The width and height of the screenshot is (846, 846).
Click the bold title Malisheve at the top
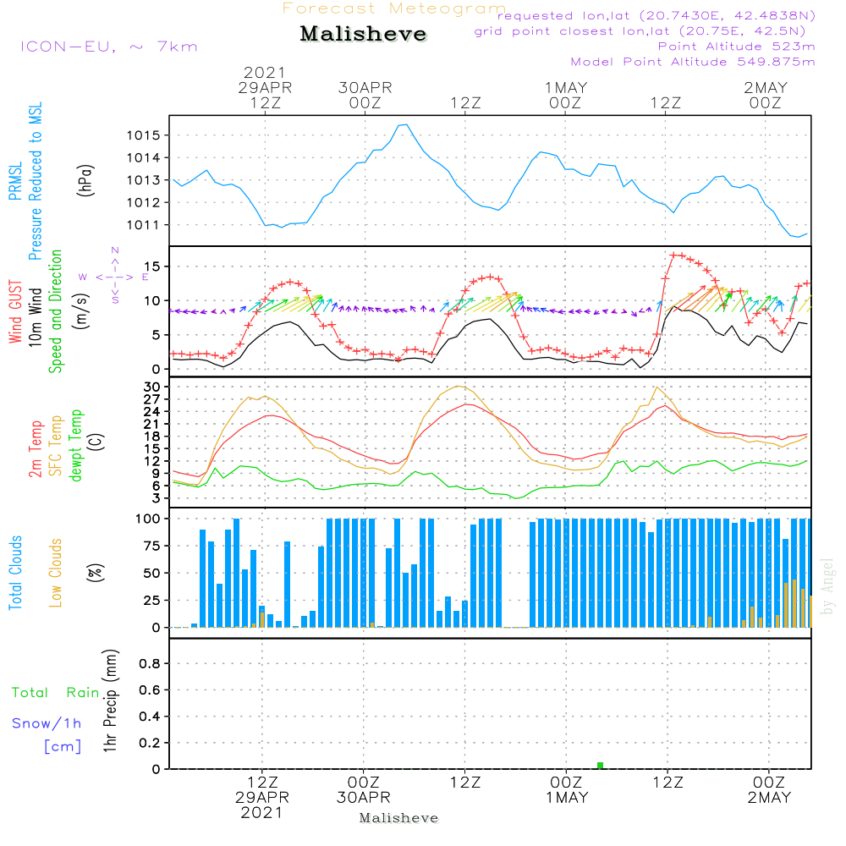click(363, 34)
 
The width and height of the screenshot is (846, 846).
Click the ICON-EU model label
click(68, 47)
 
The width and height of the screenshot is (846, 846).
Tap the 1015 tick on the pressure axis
click(144, 135)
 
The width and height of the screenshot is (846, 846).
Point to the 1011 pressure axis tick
click(144, 225)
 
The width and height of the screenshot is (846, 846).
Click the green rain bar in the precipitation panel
click(600, 765)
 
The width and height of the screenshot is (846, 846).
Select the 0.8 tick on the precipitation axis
click(150, 663)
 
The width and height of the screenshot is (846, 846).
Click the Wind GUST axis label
click(15, 311)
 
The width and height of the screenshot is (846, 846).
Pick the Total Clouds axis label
click(15, 573)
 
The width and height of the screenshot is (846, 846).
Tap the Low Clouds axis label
click(56, 573)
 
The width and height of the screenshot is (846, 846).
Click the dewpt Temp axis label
click(75, 445)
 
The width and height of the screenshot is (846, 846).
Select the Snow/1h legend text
click(47, 723)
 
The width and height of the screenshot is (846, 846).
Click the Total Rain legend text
click(56, 693)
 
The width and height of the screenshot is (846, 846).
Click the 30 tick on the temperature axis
click(151, 387)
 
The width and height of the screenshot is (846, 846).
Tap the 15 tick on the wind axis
click(152, 266)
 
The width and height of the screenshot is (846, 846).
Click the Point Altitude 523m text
click(736, 47)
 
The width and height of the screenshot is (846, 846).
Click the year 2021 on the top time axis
click(264, 72)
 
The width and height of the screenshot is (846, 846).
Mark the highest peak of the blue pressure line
click(406, 124)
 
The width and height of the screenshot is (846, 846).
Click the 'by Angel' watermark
click(827, 586)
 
